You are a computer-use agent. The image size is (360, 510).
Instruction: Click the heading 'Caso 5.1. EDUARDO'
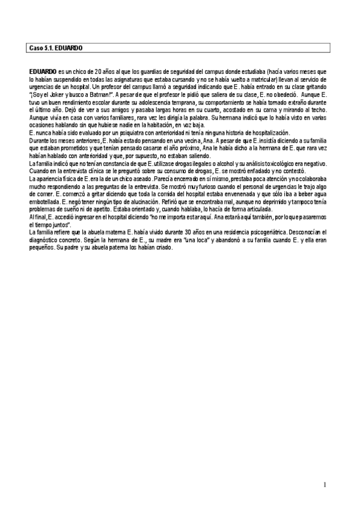coord(55,47)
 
